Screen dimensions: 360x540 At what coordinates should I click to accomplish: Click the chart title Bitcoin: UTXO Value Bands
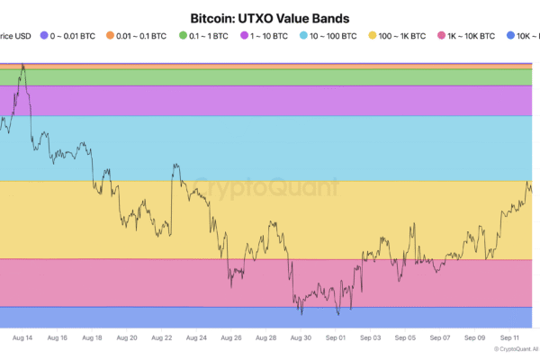(269, 17)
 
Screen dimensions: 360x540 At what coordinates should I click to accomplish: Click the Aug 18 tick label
(92, 338)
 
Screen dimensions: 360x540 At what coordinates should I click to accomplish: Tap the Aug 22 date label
(161, 338)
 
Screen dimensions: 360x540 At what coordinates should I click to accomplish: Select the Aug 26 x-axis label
(231, 338)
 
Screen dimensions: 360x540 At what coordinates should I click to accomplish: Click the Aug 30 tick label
(301, 338)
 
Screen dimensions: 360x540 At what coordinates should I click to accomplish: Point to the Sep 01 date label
(336, 338)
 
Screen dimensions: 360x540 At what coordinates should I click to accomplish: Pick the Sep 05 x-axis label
(405, 338)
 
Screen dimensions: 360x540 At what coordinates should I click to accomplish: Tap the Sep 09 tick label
(475, 338)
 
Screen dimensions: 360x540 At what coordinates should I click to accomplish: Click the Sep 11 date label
(509, 338)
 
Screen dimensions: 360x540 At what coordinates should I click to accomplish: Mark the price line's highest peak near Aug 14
(22, 66)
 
